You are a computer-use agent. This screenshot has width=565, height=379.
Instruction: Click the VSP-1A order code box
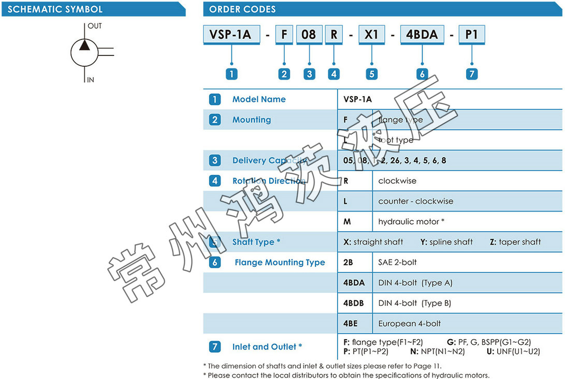tap(230, 35)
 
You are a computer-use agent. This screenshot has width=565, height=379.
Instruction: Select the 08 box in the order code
tap(309, 35)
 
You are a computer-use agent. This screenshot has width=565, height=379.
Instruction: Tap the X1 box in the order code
tap(371, 35)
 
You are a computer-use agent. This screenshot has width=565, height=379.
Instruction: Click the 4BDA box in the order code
tap(422, 35)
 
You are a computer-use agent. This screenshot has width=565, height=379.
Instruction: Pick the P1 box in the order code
tap(471, 35)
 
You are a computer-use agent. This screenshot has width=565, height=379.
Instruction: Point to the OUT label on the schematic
tap(95, 26)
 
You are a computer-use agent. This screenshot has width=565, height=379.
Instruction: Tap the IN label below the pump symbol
tap(91, 80)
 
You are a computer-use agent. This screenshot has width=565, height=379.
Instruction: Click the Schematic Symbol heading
tap(55, 9)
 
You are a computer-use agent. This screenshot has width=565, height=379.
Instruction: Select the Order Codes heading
tap(242, 9)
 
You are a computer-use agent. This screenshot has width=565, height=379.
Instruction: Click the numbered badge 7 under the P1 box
tap(471, 74)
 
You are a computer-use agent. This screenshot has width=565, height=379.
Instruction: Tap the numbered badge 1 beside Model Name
tap(215, 99)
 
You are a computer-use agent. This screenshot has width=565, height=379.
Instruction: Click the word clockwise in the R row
tap(397, 181)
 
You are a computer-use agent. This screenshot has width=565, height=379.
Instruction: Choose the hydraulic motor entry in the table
tap(411, 222)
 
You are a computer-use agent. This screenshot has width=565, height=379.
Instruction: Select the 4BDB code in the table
tap(354, 303)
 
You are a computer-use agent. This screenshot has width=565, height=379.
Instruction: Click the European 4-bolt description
tap(410, 324)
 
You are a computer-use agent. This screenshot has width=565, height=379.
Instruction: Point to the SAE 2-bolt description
tap(397, 262)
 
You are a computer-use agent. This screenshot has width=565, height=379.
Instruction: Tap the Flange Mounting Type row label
tap(280, 263)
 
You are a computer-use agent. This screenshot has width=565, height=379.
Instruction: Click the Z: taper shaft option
tap(515, 242)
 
